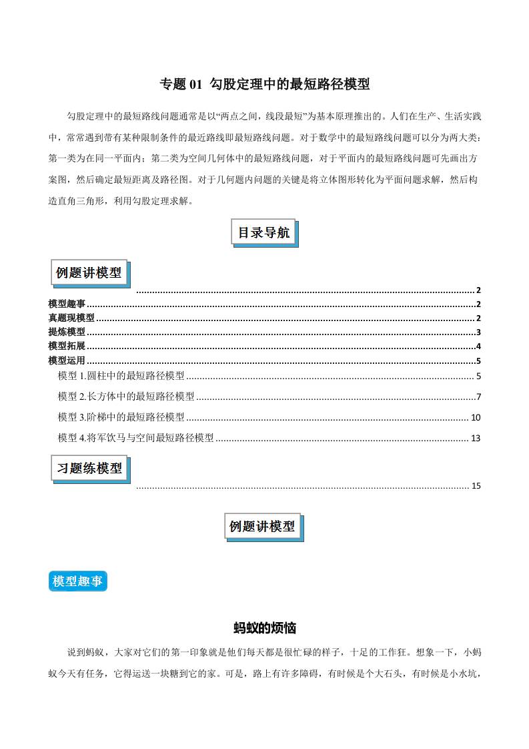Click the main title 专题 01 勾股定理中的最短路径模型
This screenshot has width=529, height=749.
tap(264, 84)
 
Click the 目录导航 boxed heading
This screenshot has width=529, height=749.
tap(264, 233)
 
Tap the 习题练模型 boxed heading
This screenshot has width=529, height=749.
tap(89, 469)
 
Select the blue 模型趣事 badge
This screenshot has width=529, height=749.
tap(77, 581)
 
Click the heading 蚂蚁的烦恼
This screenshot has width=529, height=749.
tap(264, 628)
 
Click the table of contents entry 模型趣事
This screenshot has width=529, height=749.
tap(67, 304)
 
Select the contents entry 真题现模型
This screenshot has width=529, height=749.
tap(71, 318)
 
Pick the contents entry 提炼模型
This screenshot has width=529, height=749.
tap(67, 332)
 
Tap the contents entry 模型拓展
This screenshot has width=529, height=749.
tap(67, 346)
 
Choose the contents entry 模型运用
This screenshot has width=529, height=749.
tap(67, 360)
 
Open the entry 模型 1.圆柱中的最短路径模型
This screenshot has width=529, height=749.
tap(121, 376)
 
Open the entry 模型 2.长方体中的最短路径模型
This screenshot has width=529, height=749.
tap(126, 397)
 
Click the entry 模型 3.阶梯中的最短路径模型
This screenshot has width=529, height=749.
tap(121, 417)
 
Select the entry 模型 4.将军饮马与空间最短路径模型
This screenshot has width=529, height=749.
tap(136, 438)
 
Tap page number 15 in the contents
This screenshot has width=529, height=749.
tap(476, 486)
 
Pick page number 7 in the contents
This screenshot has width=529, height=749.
tap(478, 397)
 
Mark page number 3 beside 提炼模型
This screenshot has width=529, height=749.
tap(479, 332)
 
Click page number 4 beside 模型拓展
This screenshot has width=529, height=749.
tap(479, 346)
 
